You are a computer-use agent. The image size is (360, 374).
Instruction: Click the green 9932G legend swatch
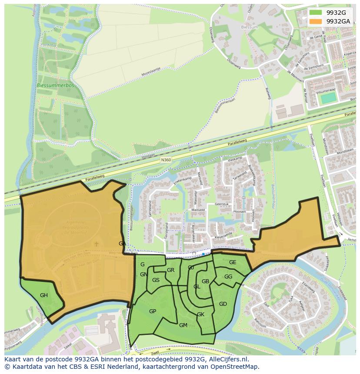coord(316,13)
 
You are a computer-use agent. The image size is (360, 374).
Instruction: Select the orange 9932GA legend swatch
coord(316,21)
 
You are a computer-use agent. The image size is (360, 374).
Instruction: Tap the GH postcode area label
coord(44,295)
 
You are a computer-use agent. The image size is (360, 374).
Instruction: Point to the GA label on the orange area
coord(122,244)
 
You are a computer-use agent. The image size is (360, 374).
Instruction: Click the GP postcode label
coord(153,311)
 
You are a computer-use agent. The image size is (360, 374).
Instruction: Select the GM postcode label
coord(183,325)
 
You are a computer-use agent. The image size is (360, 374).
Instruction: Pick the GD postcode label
coord(223,304)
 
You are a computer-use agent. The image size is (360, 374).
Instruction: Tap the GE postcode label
coord(233,262)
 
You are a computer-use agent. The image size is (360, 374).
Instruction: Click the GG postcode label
coord(228,277)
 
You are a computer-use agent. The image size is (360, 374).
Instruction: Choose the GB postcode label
coord(206,281)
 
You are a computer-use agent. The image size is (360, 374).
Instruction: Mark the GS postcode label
coord(156,280)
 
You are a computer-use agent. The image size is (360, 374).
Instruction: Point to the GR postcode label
coord(170,270)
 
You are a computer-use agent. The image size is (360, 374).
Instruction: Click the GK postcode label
coord(200,314)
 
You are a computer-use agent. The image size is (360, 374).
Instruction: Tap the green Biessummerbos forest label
coord(55,86)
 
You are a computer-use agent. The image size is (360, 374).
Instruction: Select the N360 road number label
coord(166,160)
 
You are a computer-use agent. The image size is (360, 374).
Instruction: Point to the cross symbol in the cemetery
coord(97,244)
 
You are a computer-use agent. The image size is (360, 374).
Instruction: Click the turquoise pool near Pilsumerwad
coord(329,98)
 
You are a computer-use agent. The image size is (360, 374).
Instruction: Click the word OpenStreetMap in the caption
coord(234,367)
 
